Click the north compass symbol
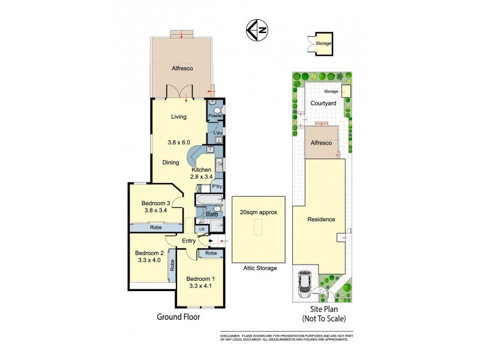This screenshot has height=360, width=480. (x=257, y=29)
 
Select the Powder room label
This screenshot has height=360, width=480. (x=215, y=116)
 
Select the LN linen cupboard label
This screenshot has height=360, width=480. (x=202, y=229)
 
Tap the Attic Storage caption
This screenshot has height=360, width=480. (x=260, y=268)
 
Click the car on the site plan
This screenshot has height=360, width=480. (x=304, y=283)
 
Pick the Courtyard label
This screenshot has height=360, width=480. (x=322, y=103)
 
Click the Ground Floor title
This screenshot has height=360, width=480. (x=178, y=317)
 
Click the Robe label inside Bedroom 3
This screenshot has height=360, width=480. (x=155, y=228)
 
